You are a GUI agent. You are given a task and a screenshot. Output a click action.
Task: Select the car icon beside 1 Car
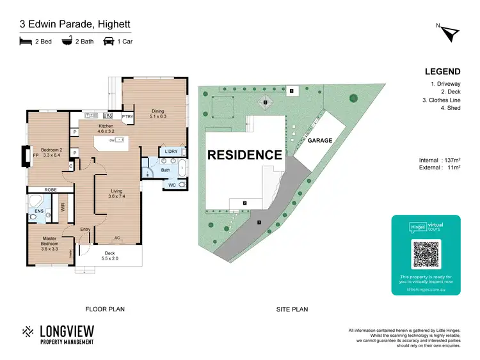109,42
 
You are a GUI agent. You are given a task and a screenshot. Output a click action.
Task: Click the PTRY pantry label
127,117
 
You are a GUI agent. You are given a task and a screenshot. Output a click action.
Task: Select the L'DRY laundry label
170,151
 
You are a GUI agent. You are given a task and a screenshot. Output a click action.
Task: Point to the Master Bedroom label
49,242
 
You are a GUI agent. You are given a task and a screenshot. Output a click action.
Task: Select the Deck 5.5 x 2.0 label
109,256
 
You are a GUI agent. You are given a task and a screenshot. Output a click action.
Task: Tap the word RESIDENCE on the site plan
244,155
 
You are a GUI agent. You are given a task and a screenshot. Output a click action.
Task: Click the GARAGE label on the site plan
319,140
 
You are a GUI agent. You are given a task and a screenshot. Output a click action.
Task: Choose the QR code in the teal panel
426,254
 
